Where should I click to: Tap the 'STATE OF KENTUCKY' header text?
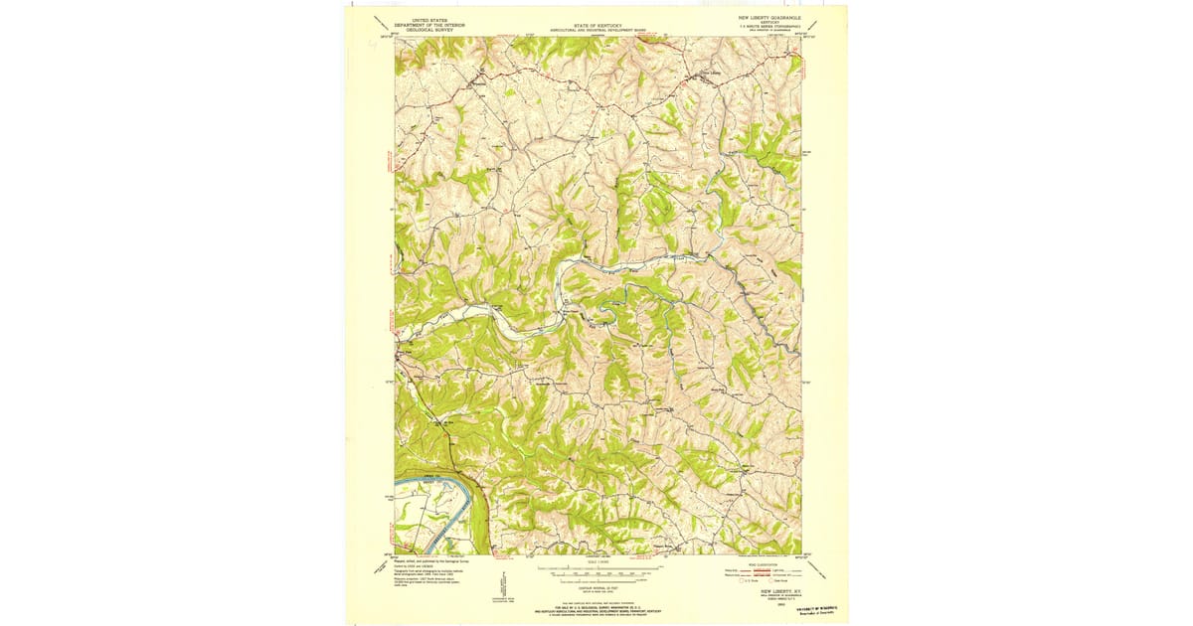pyautogui.click(x=596, y=26)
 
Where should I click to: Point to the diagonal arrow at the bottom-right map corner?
pyautogui.click(x=818, y=569)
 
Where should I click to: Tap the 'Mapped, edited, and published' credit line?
pyautogui.click(x=432, y=560)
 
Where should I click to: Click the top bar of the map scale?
pyautogui.click(x=594, y=569)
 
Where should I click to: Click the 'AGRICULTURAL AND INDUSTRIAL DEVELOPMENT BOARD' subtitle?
pyautogui.click(x=596, y=31)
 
